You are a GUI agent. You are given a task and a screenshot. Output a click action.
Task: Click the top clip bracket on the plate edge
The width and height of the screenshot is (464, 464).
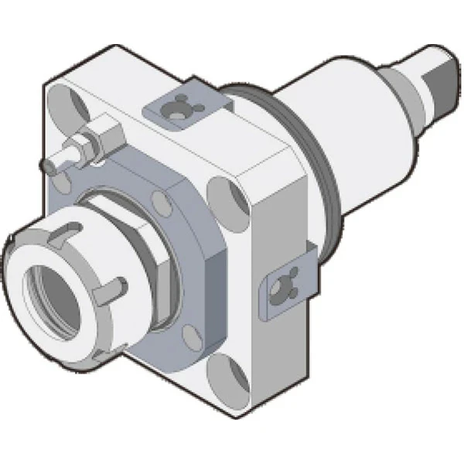[x=190, y=101]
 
